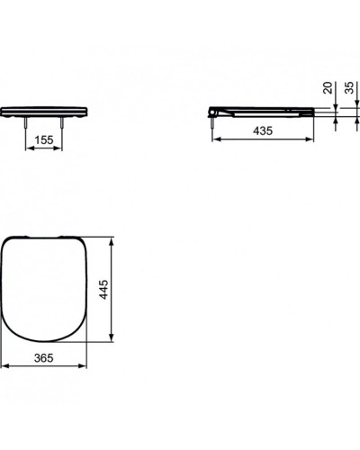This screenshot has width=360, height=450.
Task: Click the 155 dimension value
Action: click(42, 140)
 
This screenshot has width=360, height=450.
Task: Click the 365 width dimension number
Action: click(33, 358)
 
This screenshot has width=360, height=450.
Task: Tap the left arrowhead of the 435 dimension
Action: click(215, 139)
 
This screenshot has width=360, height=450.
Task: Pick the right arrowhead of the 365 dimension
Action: click(86, 365)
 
